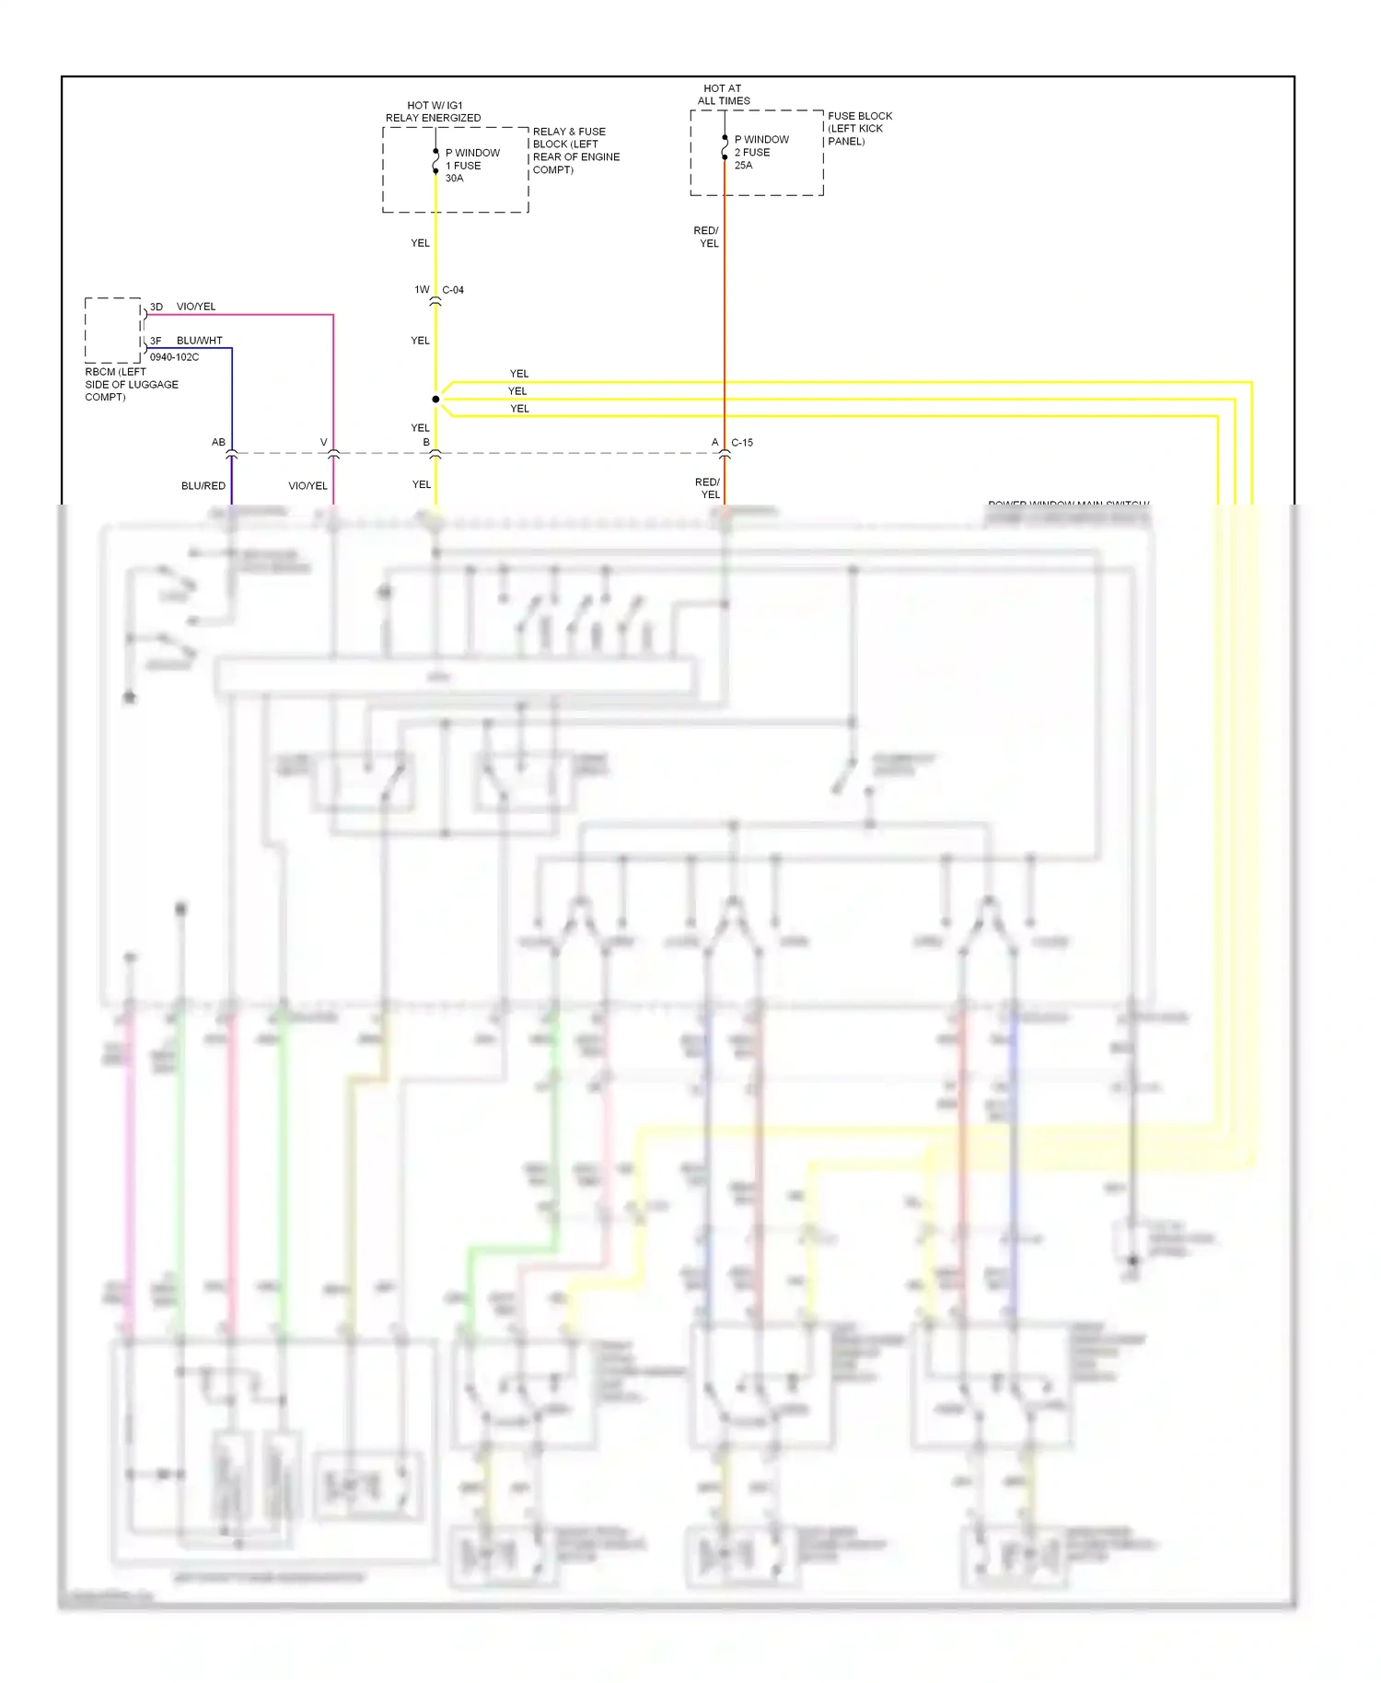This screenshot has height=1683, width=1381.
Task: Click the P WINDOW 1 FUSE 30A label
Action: tap(471, 166)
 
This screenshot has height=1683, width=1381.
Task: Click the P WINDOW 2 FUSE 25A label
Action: tap(760, 152)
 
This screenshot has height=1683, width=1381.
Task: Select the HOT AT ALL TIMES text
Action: tap(723, 95)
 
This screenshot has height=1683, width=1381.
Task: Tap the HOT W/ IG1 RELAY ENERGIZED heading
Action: tap(433, 111)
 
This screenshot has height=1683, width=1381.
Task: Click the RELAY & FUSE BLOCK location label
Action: tap(574, 150)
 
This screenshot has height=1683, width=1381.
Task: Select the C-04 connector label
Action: tap(453, 290)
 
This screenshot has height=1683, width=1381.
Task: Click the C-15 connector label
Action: tap(742, 443)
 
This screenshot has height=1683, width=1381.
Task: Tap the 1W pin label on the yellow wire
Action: tap(422, 290)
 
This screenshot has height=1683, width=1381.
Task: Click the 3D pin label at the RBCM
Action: tap(157, 307)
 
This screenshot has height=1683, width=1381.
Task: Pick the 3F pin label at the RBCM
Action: tap(156, 341)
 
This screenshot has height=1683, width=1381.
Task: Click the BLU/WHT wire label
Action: tap(199, 341)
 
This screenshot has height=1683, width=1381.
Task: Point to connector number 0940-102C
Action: tap(174, 357)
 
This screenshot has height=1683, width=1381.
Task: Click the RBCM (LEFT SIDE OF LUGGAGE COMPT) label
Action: tap(131, 384)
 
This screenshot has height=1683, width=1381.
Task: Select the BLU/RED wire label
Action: tap(203, 485)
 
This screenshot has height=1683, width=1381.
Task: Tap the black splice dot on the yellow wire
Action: tap(435, 399)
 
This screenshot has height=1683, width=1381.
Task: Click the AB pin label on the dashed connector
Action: tap(218, 442)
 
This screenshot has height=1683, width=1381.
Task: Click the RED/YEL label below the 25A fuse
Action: tap(706, 237)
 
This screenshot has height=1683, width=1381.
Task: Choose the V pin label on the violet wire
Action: tap(323, 442)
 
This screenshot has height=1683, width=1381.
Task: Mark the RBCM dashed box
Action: tap(112, 330)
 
